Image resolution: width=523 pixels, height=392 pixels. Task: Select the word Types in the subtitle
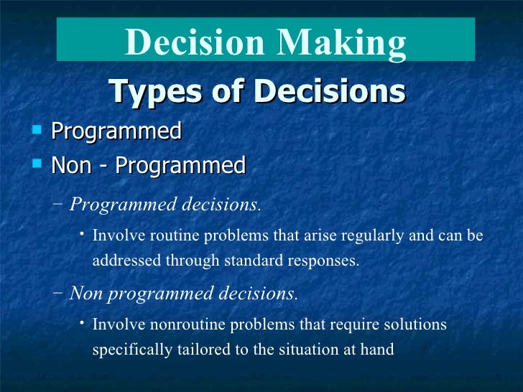[x=148, y=92]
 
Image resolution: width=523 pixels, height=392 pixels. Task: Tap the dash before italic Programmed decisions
[x=58, y=204]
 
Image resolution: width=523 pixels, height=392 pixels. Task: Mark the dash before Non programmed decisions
[x=58, y=294]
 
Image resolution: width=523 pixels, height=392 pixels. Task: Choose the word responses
[x=326, y=260]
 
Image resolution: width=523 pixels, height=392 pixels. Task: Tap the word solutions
[x=417, y=325]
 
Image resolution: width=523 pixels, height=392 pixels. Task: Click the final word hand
[x=378, y=350]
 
